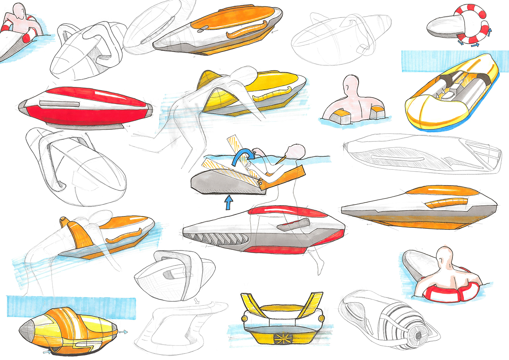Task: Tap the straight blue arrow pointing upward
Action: [x=228, y=203]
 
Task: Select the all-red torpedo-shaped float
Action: [x=85, y=107]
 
